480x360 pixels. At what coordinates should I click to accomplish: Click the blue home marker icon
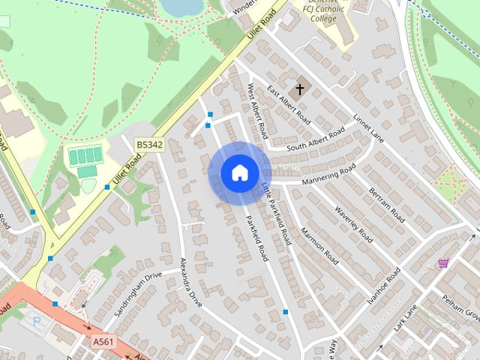pos(239,172)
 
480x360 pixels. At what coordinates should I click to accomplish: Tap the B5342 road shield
pos(149,143)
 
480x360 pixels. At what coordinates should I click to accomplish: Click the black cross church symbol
pos(299,90)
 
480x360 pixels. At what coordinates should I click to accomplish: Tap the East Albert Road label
pos(289,105)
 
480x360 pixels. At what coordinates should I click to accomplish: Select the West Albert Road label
pos(257,112)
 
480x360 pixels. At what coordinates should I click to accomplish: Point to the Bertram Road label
pos(387,205)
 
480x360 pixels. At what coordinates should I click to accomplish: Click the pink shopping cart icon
pos(443,263)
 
